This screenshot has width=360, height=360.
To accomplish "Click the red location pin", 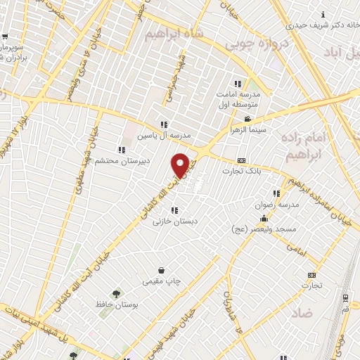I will tap(181, 165).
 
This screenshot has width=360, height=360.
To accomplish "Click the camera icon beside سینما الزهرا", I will tap(247, 119).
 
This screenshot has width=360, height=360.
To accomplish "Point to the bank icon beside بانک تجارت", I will tap(241, 160).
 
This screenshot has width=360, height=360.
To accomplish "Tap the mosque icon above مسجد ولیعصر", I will tap(264, 219).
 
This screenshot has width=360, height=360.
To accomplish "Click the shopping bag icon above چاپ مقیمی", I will tap(162, 270).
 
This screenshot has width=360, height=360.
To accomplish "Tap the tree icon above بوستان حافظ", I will tap(116, 294).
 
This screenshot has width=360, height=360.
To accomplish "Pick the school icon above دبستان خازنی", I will tap(174, 210).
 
